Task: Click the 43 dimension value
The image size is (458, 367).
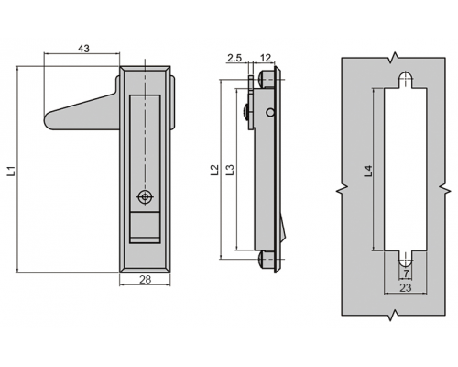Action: pos(84,49)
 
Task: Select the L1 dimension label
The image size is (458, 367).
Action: pos(12,172)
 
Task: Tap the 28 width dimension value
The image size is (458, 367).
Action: pos(145,279)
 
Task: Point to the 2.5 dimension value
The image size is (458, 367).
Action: pos(234,58)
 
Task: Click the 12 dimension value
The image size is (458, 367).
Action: pos(266,58)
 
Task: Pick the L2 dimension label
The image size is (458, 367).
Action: pos(215,170)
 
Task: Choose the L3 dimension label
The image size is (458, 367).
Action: pos(230,170)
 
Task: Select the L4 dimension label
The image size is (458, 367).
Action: pos(368,171)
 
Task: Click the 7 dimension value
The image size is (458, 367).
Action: pos(406,273)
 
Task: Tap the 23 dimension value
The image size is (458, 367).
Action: pos(406,288)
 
